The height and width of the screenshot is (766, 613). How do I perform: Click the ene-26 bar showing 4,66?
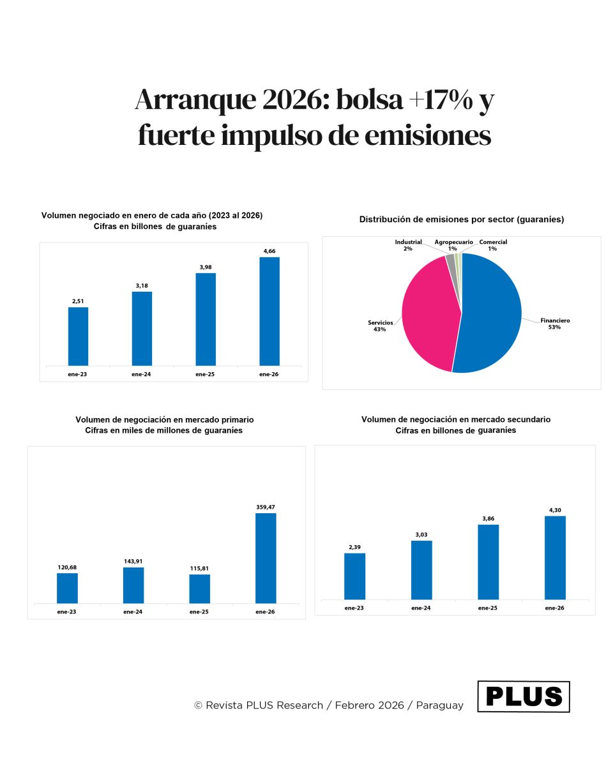(x=269, y=312)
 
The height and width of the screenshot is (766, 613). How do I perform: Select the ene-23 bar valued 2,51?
(x=78, y=336)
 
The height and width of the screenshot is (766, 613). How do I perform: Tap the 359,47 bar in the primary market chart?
(x=266, y=558)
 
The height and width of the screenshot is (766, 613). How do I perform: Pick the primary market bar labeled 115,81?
(x=200, y=589)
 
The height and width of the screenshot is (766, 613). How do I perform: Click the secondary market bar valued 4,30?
(x=555, y=557)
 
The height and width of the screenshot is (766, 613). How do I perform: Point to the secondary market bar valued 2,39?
(x=354, y=576)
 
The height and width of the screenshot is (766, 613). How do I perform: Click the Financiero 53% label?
(x=555, y=324)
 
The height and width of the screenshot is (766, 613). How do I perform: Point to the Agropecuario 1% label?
(x=453, y=245)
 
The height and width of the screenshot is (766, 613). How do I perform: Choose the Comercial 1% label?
(x=494, y=245)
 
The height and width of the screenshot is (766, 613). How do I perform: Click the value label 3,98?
(x=206, y=267)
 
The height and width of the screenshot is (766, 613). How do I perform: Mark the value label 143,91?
(x=133, y=561)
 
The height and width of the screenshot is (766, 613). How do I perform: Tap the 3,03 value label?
(x=421, y=534)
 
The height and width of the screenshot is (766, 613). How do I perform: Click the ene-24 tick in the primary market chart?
(x=133, y=612)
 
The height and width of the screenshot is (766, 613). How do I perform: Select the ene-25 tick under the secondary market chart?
(x=488, y=608)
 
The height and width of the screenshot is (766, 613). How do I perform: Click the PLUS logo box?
(x=524, y=696)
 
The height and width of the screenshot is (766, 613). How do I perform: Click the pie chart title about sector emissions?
(x=461, y=220)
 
